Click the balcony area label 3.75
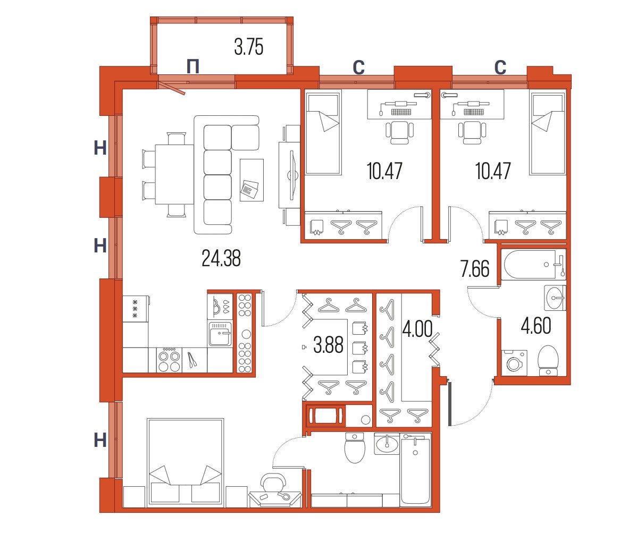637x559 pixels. tap(249, 47)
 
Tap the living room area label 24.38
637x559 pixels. tap(221, 258)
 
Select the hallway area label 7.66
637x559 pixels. tap(475, 269)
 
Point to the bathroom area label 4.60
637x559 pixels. tap(536, 326)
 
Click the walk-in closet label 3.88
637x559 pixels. tap(328, 345)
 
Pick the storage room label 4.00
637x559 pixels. tap(417, 329)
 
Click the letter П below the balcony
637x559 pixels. tap(193, 66)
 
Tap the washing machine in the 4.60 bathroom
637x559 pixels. tap(514, 362)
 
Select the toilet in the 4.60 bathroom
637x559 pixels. tap(548, 360)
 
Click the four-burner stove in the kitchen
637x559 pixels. tap(170, 360)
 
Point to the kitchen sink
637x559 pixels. tap(220, 334)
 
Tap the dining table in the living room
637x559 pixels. tap(174, 174)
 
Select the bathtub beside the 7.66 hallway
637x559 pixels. tap(533, 264)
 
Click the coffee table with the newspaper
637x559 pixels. tap(252, 180)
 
